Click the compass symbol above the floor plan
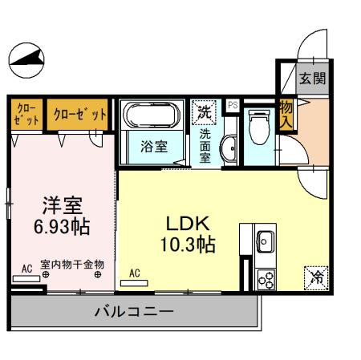26,57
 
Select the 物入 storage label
286,114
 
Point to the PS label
233,105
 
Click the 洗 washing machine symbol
206,112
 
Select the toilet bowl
258,125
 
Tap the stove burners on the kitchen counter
266,278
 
